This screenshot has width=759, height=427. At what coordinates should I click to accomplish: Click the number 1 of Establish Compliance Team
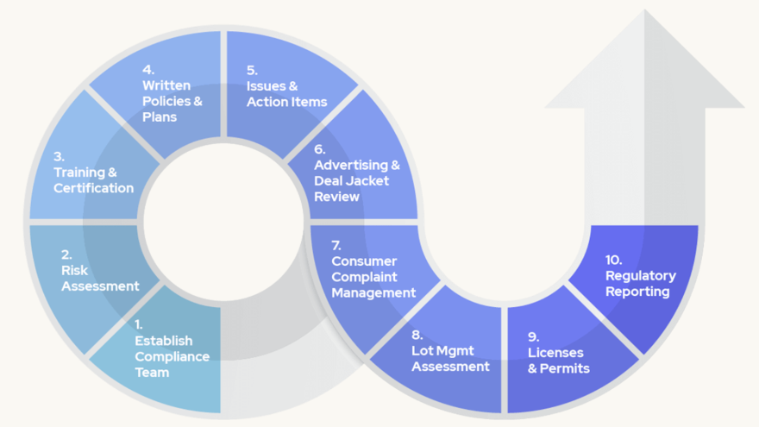click(139, 324)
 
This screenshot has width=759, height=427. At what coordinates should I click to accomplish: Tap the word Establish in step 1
click(164, 341)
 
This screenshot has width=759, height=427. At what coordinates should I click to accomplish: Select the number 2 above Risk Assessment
click(66, 254)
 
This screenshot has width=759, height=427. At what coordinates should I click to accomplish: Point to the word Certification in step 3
click(93, 188)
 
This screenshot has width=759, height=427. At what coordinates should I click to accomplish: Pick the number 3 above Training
click(59, 156)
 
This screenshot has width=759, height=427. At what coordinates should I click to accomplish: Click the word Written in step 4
click(166, 85)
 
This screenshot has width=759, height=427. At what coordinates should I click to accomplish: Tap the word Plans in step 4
click(160, 116)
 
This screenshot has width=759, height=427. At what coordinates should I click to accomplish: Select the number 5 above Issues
click(252, 70)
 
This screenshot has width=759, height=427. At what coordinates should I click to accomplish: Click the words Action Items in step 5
click(287, 102)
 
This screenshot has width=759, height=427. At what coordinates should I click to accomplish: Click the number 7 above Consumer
click(336, 246)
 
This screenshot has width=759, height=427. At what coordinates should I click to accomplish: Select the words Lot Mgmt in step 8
click(442, 351)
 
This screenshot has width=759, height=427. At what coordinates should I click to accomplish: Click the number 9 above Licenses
click(533, 336)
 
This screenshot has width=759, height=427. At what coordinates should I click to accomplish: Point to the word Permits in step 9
click(565, 368)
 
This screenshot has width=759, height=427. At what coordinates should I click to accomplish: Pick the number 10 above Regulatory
click(613, 260)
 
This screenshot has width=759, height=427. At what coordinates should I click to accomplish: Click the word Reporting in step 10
click(637, 292)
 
